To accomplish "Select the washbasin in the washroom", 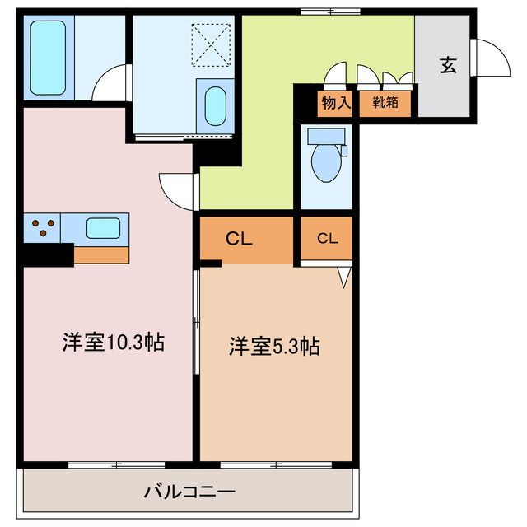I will [215, 105].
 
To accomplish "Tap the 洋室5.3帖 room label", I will [274, 347].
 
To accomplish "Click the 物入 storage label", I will [335, 103].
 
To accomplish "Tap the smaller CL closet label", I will [327, 239].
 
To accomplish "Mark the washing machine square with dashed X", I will [211, 43].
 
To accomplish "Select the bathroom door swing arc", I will [110, 84].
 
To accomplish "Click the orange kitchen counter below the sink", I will [100, 254].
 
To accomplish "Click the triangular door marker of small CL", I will [344, 276].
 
